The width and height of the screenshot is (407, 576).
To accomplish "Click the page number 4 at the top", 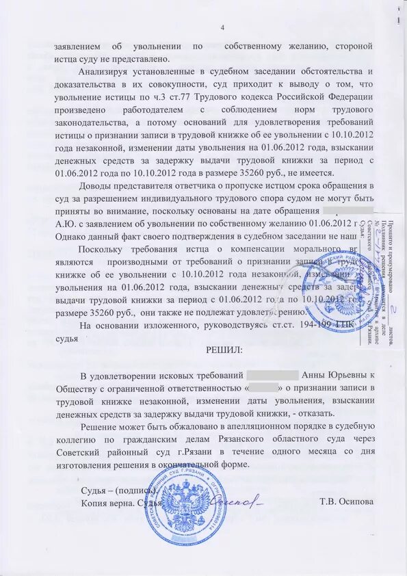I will tap(222, 27).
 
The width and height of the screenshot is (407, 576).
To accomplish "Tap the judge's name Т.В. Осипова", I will tap(347, 501).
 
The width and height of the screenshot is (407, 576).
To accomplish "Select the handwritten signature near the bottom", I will tap(239, 501).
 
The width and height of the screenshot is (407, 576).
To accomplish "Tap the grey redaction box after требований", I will tap(272, 376).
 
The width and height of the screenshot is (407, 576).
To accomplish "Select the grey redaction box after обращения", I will tap(347, 210).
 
